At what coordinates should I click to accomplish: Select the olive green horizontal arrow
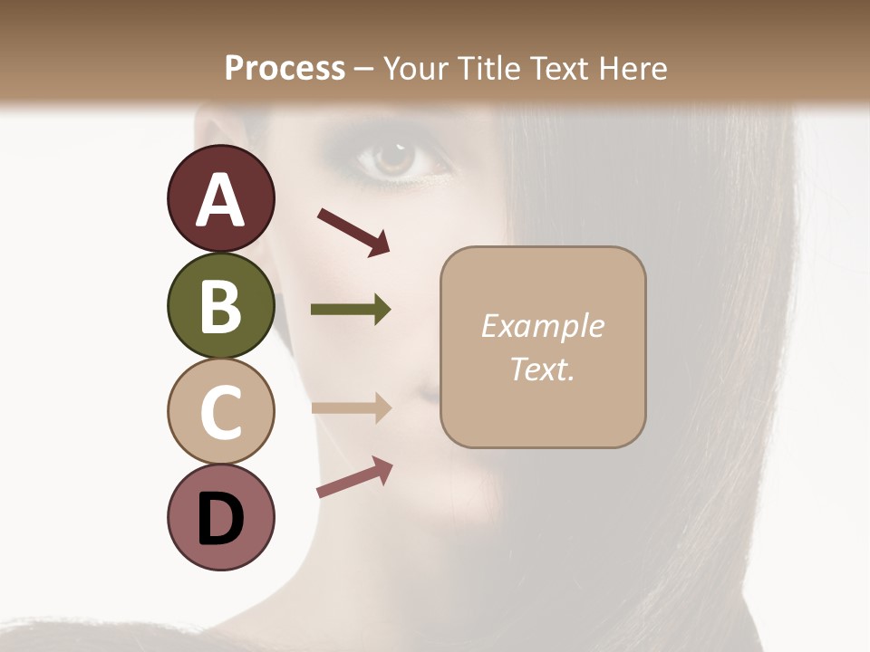click(x=351, y=310)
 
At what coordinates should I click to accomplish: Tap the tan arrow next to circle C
click(x=351, y=407)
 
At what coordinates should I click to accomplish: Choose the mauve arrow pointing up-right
click(x=354, y=477)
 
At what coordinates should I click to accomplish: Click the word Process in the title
click(x=285, y=68)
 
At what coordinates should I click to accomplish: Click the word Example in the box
click(x=542, y=326)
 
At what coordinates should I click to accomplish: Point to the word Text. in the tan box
click(x=542, y=369)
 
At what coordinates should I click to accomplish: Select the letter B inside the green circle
click(x=220, y=307)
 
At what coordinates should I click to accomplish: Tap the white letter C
click(x=220, y=413)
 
